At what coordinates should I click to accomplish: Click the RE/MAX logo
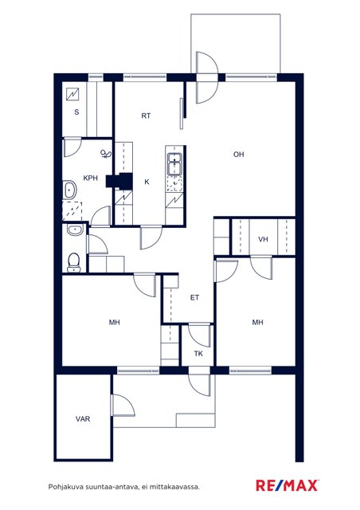coord(288,485)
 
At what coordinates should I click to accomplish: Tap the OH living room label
coord(239,154)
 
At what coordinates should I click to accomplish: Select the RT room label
coord(146,116)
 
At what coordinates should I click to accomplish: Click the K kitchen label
coord(147,182)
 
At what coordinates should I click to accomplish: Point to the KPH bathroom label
coord(91,178)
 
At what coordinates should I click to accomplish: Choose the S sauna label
coord(76,112)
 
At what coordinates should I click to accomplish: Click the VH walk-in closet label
coord(263,239)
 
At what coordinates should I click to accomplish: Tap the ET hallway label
coord(194,297)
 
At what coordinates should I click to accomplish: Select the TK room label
coord(198,354)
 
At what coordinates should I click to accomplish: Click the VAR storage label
coord(83,419)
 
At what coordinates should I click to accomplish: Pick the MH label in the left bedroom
coord(114,322)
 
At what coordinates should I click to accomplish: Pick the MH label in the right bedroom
coord(257,322)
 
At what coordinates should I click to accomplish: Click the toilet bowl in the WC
coord(74,262)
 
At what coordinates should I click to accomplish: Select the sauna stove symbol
coord(72,94)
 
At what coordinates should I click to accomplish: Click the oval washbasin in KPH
coord(69,190)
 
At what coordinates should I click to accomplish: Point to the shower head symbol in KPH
coord(106,154)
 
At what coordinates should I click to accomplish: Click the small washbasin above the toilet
coord(75,230)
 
